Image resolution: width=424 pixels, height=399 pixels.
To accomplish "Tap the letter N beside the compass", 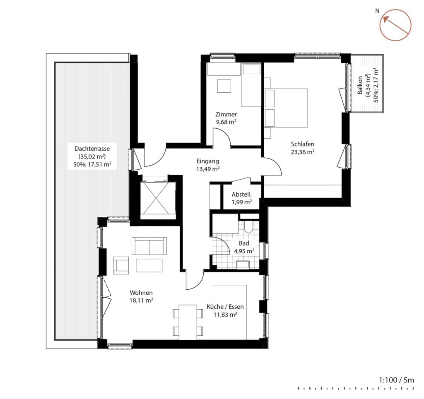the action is click(377, 11).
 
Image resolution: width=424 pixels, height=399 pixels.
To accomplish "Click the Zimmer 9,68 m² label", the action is click(226, 118).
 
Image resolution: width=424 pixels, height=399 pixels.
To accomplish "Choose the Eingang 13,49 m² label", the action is click(208, 165).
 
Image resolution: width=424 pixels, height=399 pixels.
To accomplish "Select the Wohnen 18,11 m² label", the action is click(141, 296).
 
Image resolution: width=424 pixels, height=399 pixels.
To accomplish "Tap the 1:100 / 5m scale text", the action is click(396, 380).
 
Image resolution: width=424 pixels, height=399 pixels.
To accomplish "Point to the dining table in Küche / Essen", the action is click(188, 322).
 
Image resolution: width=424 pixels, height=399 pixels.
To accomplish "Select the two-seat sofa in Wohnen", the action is click(149, 246).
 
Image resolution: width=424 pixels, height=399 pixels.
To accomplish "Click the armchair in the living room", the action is click(121, 265).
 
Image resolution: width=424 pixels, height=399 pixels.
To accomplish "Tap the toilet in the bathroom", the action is click(248, 227).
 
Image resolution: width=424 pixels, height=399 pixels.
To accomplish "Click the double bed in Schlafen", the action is click(286, 108).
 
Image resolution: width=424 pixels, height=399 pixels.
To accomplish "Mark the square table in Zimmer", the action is click(224, 86).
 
